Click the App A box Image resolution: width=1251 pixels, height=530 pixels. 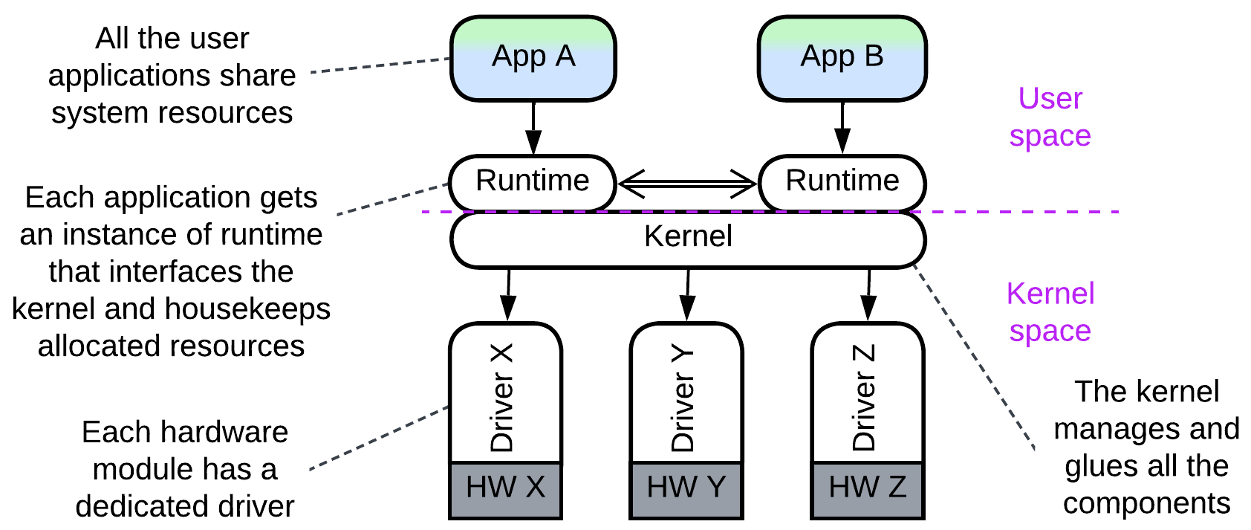533,58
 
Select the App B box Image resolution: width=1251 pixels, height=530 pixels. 842,58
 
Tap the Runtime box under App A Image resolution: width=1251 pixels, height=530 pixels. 533,181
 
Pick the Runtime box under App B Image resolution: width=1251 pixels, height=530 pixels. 842,181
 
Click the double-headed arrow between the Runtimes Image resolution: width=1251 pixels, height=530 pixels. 687,183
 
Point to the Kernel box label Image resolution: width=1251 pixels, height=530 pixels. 688,236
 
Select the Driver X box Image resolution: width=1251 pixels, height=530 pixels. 505,394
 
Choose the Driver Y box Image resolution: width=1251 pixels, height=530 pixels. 686,394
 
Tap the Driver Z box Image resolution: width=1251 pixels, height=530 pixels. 867,394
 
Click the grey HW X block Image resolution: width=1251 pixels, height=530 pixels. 505,488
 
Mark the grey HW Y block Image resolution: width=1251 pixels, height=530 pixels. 686,488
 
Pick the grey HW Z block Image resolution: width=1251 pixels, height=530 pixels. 867,488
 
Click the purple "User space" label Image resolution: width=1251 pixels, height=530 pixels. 1050,117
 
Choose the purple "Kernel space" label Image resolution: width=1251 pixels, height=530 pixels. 1050,312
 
